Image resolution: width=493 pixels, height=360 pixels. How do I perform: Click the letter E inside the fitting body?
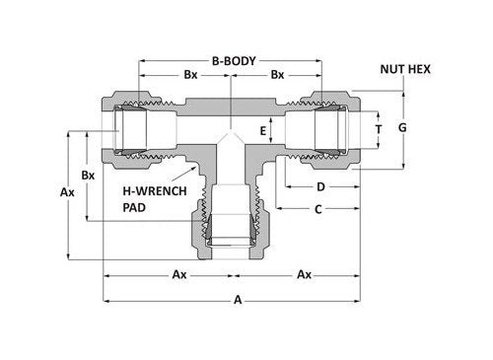(x=262, y=129)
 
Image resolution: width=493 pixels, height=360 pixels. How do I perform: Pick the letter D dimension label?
(x=321, y=185)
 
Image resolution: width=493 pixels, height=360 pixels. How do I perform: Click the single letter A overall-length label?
(x=233, y=302)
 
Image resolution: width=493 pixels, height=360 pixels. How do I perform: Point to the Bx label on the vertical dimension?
(x=88, y=175)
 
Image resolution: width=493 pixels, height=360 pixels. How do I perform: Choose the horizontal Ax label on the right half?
(x=306, y=273)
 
